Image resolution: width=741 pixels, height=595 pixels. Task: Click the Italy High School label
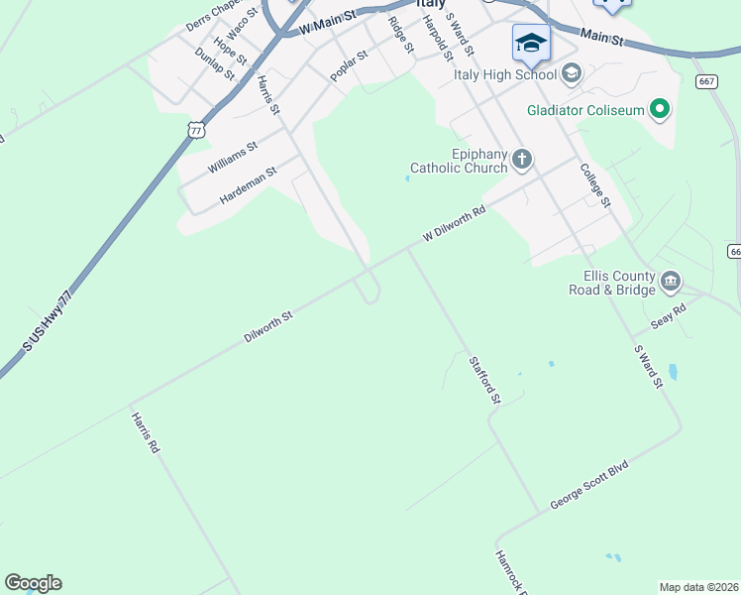click(505, 73)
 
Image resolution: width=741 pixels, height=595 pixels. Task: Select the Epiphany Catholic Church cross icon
click(522, 159)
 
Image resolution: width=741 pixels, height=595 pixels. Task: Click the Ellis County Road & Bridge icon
click(671, 282)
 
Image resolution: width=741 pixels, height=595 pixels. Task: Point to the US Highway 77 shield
click(196, 129)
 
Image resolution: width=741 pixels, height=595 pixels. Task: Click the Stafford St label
click(485, 381)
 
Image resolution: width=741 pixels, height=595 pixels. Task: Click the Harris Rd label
click(146, 432)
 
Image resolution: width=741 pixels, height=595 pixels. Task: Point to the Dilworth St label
click(268, 327)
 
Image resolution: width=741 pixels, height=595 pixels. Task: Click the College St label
click(594, 185)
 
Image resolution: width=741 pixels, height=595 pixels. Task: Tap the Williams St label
click(233, 158)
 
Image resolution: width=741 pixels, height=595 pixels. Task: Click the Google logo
click(33, 583)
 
